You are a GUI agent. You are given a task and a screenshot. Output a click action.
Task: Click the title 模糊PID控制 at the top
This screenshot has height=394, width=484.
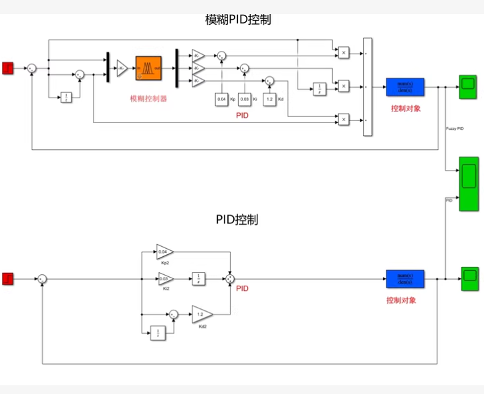coord(238,19)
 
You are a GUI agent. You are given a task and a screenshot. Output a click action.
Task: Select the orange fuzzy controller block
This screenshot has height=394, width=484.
coord(148,67)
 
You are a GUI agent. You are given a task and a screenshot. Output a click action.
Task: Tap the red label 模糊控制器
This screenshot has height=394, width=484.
coord(148,98)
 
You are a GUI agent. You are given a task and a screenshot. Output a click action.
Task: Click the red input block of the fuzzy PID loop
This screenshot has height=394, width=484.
coord(8,67)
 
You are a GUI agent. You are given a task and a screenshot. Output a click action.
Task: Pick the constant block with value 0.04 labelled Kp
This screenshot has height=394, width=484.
coord(221,99)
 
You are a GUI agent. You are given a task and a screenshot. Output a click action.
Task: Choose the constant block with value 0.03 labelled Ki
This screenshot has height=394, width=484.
coord(244,99)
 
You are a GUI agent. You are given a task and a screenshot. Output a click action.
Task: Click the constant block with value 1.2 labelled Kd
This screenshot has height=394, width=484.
coord(269,99)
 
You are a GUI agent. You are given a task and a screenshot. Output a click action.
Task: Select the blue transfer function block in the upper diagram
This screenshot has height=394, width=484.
coord(404,87)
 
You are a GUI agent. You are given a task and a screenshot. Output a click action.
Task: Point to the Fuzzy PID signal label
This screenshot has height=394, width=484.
coord(455,128)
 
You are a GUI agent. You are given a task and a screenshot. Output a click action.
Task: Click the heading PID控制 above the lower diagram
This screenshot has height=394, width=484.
coord(237,219)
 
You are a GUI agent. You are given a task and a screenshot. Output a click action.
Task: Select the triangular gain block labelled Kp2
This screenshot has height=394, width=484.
coord(164,252)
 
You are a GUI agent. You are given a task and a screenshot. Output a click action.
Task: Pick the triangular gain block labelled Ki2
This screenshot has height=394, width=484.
coord(164,278)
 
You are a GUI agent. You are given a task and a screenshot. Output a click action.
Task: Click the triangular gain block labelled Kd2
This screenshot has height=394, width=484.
coord(202,314)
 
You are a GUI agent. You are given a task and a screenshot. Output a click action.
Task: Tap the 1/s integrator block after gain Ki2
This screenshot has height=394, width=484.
coord(199,278)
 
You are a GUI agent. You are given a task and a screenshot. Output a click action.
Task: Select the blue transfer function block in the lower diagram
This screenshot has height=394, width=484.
coord(404,278)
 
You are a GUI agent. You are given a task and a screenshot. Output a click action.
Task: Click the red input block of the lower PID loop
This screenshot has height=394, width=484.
coord(8,278)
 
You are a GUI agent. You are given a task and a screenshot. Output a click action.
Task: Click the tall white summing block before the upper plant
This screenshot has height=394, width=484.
coord(367,87)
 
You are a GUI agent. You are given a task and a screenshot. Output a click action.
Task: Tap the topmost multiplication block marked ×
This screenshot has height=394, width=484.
coord(342,52)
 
